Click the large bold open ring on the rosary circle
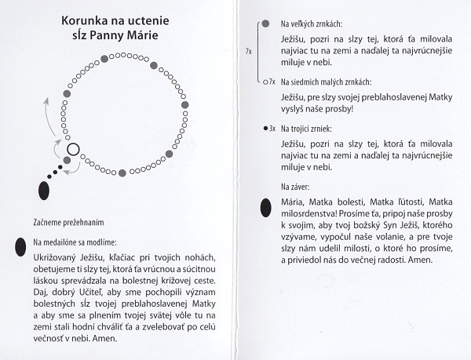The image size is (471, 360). tap(73, 149)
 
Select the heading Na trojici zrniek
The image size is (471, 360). tap(312, 127)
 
